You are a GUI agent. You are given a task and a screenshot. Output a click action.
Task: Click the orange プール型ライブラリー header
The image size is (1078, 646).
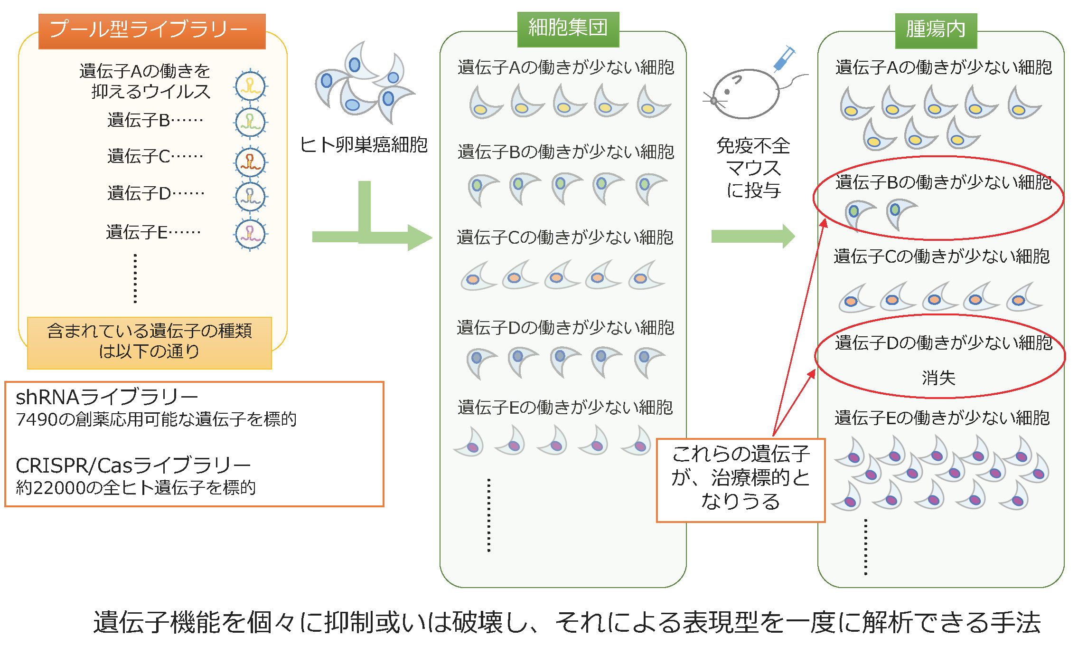pos(152,31)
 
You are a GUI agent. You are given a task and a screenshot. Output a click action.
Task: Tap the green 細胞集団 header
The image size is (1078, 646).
pos(568,28)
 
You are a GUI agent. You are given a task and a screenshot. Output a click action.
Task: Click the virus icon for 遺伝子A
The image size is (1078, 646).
pos(251,85)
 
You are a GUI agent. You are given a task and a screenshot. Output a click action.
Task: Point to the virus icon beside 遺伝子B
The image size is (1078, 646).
pos(251,122)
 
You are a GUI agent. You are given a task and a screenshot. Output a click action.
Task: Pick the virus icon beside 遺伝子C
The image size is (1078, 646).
pos(251,161)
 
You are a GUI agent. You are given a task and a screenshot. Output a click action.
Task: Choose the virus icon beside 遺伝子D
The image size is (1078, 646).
pos(251,196)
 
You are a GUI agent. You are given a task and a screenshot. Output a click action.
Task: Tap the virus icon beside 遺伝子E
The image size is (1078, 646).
pos(251,234)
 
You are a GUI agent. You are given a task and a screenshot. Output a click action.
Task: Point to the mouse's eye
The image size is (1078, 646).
pos(727,92)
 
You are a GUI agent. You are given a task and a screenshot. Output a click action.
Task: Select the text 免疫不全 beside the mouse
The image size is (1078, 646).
pos(753,146)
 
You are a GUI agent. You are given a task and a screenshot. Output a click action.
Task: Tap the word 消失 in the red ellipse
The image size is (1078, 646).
pos(938,378)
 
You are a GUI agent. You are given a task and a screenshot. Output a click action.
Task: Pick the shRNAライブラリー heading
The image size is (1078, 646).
pos(107,397)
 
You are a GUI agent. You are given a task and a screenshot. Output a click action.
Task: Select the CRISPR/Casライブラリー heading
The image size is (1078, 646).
pos(133,465)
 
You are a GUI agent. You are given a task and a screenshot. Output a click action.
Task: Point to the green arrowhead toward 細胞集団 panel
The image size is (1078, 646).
pos(420,237)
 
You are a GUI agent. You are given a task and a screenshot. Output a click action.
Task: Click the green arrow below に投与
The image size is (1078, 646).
pos(752,236)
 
